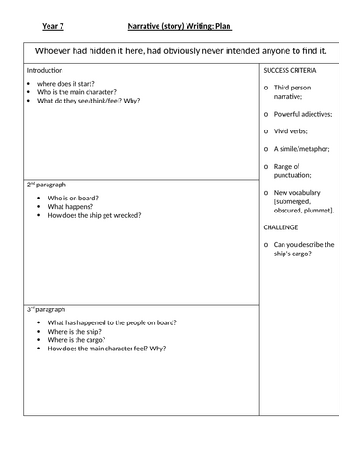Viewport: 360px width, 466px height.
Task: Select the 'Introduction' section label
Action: coord(47,71)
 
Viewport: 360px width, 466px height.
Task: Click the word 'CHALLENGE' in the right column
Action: coord(280,226)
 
